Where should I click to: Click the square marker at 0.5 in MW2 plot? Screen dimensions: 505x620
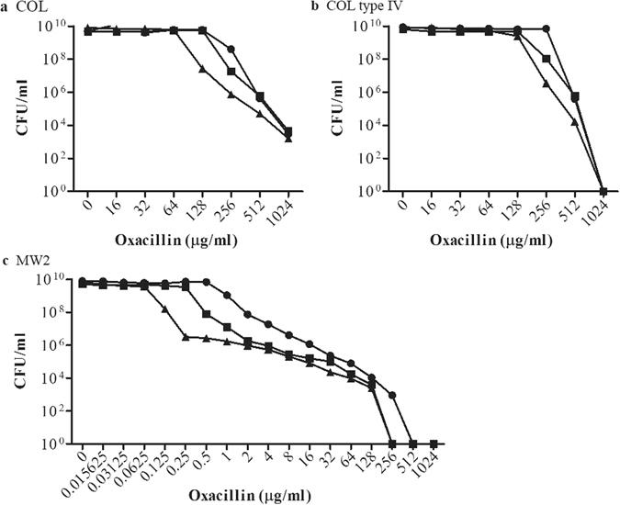[x=206, y=315]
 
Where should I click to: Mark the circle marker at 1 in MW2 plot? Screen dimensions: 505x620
[x=227, y=296]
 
